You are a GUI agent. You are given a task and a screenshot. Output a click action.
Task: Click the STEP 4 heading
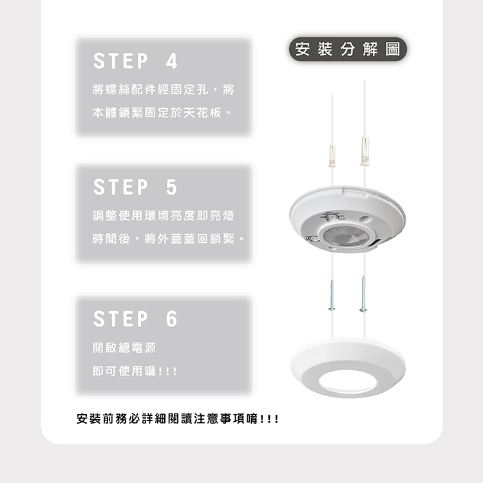pos(135,61)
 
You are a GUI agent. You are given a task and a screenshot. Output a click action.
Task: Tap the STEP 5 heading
pos(135,187)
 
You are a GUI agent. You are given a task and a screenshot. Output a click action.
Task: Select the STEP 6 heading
pos(135,319)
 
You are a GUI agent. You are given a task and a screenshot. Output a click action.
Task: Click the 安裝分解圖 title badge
pos(348,50)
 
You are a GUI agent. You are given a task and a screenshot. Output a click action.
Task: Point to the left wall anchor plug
pos(332,155)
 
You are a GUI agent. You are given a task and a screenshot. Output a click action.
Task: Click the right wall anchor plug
pos(365,150)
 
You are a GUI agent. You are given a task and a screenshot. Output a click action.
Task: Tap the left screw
pos(332,295)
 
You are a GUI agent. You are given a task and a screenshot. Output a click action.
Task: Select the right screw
pos(363,294)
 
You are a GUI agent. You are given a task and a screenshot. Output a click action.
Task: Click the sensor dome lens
pos(346,236)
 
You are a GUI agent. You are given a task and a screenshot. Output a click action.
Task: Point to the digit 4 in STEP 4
pos(171,61)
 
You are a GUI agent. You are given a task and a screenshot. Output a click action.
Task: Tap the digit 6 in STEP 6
pos(171,319)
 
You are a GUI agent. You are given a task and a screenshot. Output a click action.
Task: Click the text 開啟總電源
pos(124,348)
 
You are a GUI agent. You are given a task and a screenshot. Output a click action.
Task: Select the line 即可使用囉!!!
pos(135,371)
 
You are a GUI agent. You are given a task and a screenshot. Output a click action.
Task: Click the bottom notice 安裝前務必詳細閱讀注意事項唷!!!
pos(178,419)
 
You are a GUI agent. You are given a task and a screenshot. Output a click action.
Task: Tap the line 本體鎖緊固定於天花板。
pos(162,113)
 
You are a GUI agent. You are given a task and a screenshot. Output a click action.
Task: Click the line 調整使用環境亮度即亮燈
pos(164,215)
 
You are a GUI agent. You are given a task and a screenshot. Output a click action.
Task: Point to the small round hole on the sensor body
pos(365,220)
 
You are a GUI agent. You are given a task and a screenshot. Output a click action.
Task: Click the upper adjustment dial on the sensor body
pos(332,218)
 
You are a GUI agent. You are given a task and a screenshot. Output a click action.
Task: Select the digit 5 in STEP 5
pos(171,187)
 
